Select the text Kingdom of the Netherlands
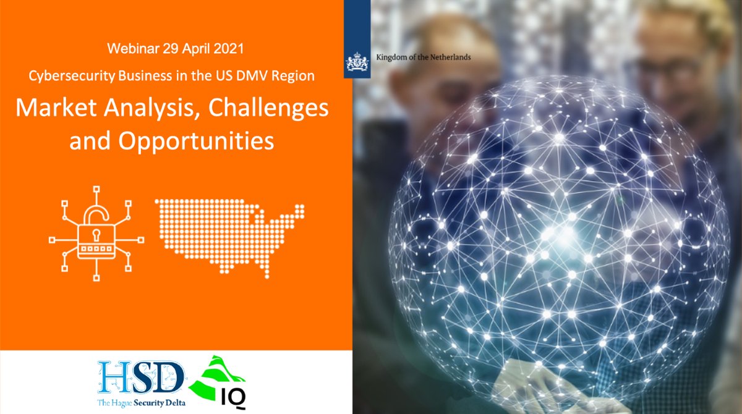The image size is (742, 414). tap(423, 57)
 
